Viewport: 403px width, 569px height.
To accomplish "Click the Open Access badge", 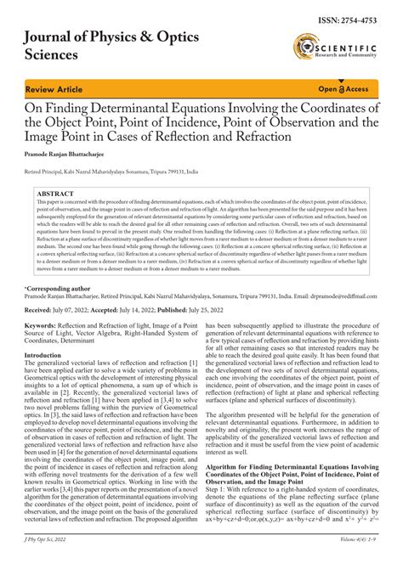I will pyautogui.click(x=343, y=88).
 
